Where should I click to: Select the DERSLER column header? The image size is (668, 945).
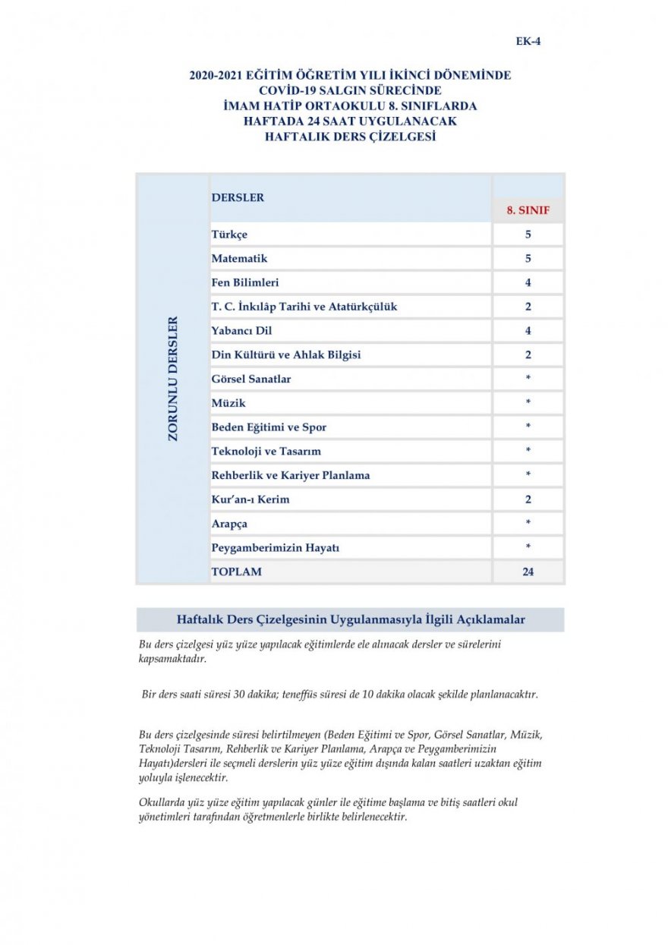tap(238, 197)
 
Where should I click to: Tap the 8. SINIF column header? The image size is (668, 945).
tap(528, 210)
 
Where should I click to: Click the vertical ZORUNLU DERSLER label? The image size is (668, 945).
tap(173, 379)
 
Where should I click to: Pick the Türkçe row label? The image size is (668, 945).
tap(229, 235)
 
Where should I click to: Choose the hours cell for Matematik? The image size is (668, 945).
tap(528, 259)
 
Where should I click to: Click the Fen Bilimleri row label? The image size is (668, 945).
tap(245, 282)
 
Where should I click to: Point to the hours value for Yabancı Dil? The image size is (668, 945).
tap(528, 331)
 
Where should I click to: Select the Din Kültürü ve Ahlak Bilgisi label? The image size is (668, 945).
tap(286, 354)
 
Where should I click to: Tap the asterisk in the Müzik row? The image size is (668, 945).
tap(528, 402)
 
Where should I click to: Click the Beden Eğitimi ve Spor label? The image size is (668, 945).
tap(269, 427)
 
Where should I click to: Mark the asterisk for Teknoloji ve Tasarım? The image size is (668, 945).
tap(528, 451)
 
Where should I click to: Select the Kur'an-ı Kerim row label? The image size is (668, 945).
tap(250, 499)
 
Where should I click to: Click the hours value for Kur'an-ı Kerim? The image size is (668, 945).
tap(528, 499)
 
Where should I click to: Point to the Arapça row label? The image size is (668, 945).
tap(229, 524)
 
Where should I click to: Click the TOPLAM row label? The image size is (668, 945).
tap(236, 572)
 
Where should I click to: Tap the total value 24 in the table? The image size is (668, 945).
tap(528, 572)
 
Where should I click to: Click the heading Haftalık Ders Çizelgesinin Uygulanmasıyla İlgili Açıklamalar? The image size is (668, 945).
tap(350, 619)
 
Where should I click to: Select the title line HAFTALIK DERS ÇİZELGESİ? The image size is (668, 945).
tap(350, 137)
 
